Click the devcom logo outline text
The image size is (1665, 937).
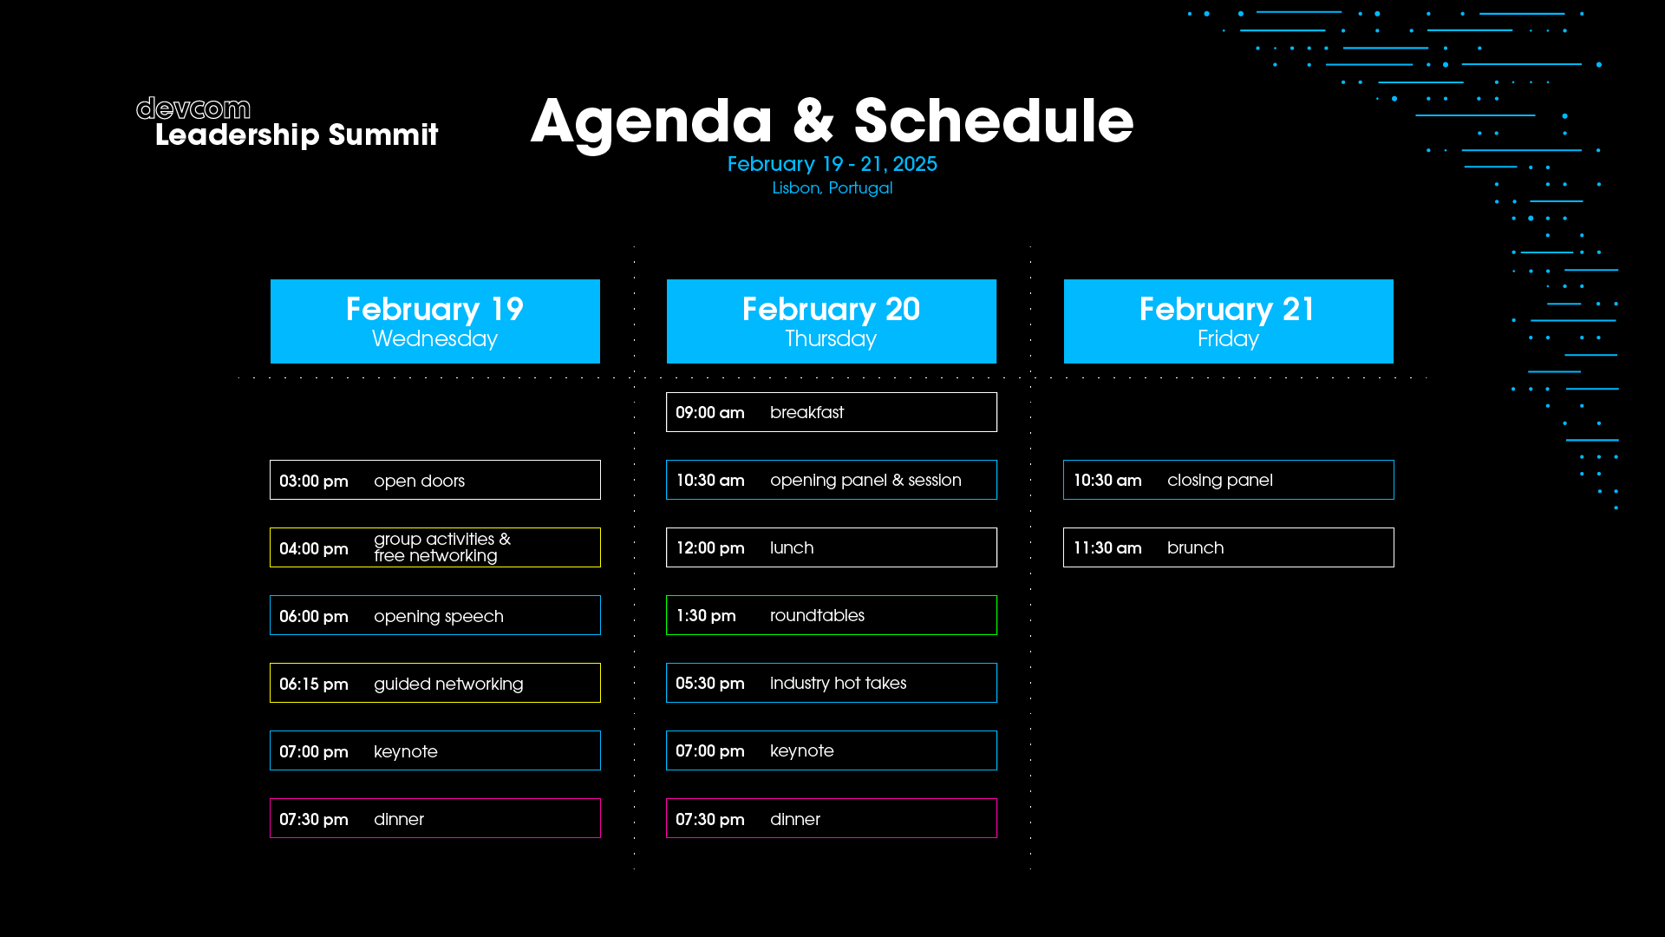[x=193, y=108]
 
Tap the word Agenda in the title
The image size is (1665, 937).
[x=651, y=122]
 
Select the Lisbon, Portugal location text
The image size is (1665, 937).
[x=832, y=188]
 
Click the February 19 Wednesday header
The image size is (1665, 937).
[x=435, y=321]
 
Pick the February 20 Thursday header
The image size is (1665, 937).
[x=832, y=321]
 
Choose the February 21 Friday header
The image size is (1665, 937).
[x=1229, y=321]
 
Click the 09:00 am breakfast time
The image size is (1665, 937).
[x=710, y=413]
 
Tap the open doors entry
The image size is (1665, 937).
[x=435, y=480]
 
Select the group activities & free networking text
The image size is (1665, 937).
[x=442, y=547]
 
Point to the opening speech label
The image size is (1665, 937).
[x=439, y=617]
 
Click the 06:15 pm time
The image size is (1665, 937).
[x=314, y=685]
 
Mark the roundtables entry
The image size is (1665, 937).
[x=832, y=615]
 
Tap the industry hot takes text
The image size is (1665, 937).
[x=839, y=684]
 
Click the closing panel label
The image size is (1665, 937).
[x=1220, y=481]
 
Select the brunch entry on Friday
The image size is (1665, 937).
[x=1229, y=547]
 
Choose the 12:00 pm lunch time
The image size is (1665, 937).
[x=710, y=548]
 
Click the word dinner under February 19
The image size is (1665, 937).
[x=399, y=819]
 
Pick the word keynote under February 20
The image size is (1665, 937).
[x=802, y=751]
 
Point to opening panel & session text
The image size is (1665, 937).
[x=865, y=481]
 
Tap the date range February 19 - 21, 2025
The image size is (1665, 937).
[x=832, y=164]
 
